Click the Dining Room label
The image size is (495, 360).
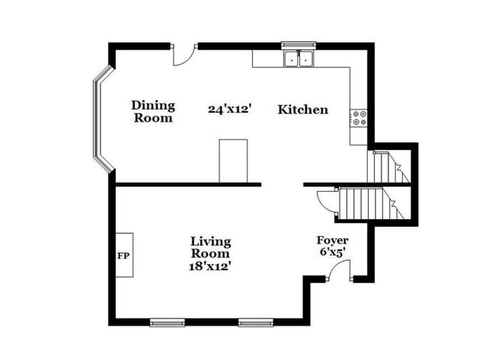152,111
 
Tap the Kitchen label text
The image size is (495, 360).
302,110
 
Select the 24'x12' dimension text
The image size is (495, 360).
229,109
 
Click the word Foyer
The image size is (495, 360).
333,241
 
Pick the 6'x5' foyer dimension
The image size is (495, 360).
333,252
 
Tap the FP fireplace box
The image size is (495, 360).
123,255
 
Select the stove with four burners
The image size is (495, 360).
358,117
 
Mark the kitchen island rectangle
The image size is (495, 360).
233,161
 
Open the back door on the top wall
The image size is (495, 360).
184,54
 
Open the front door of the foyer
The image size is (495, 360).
343,271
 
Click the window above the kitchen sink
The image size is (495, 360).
299,45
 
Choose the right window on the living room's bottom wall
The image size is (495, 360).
255,322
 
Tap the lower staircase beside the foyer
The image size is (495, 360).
366,203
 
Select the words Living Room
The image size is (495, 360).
209,247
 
